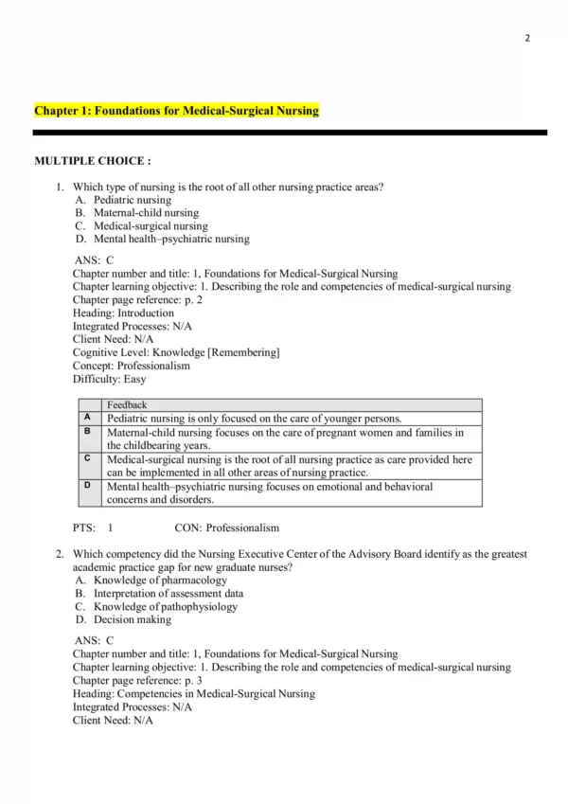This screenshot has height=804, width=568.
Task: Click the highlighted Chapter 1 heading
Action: coord(176,111)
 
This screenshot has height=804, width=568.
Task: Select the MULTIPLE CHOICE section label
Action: coord(93,161)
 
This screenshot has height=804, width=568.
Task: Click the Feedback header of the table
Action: coord(127,405)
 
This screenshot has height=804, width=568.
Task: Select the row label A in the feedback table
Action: coord(87,418)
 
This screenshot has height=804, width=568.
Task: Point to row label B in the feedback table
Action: coord(87,432)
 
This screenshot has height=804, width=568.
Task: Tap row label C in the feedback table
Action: coord(87,458)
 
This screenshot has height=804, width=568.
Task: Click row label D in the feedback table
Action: coord(87,486)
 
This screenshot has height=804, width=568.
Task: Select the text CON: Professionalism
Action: coord(227,527)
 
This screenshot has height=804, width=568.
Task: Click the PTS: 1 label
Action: coord(93,527)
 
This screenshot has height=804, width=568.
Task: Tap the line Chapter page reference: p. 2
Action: coord(137,299)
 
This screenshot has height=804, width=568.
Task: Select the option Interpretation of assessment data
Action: coord(168,594)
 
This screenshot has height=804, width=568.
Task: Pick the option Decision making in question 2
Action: coord(132,620)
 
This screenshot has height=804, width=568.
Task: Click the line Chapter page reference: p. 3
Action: coord(137,680)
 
